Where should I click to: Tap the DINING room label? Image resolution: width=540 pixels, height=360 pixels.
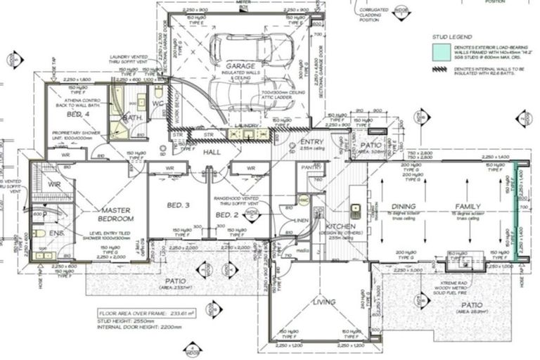coord(404,206)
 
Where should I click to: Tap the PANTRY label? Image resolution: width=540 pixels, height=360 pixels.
coord(309,168)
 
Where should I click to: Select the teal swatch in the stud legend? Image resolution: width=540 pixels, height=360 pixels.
coord(441,51)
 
